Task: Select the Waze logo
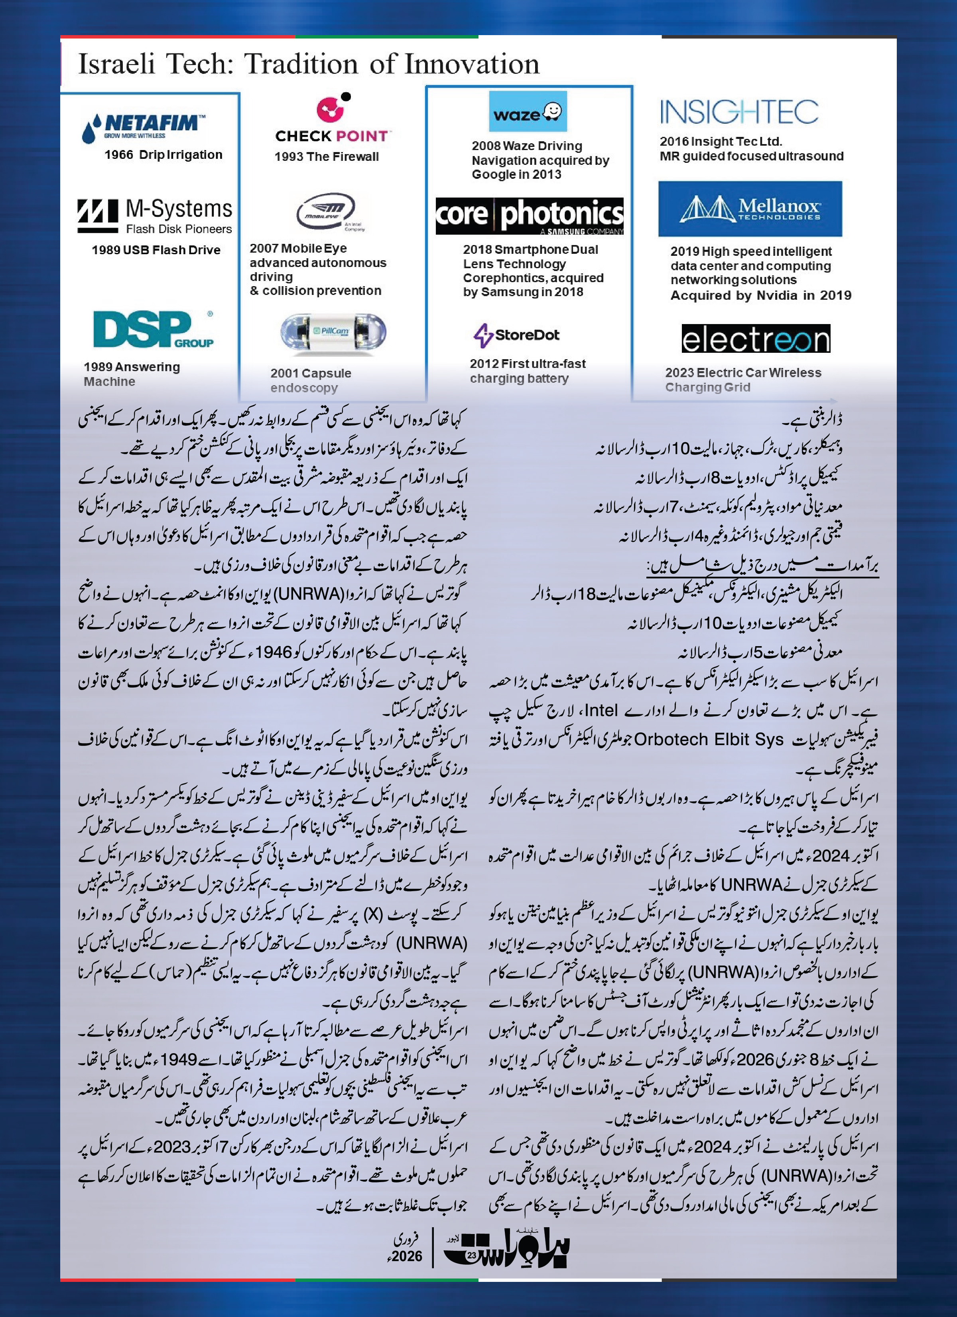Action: tap(528, 111)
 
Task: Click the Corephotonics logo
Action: tap(529, 216)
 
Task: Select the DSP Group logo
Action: tap(153, 329)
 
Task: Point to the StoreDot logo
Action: tap(516, 335)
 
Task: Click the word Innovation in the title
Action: tap(471, 64)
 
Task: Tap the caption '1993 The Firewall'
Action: tap(326, 157)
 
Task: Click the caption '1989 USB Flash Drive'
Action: tap(156, 250)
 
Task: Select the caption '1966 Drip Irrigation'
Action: tap(163, 155)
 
